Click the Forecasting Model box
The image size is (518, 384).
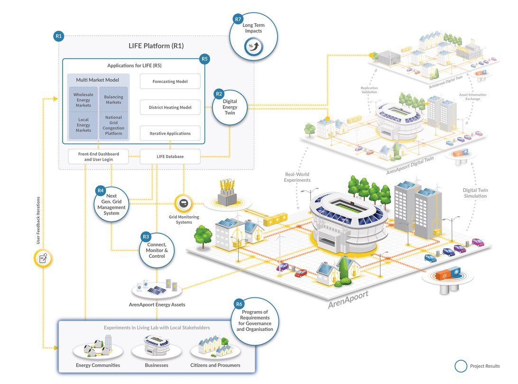click(x=170, y=81)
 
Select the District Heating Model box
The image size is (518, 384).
click(x=170, y=107)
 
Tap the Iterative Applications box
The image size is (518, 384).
click(x=170, y=133)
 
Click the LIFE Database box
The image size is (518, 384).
click(x=170, y=156)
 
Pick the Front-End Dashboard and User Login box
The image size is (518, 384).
click(x=99, y=156)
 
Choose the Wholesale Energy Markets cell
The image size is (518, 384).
click(x=83, y=100)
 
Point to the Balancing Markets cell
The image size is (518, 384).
click(x=113, y=100)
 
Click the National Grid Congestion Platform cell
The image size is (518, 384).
click(x=113, y=125)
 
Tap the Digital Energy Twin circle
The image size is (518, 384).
click(x=230, y=107)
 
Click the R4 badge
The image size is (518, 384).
click(x=100, y=191)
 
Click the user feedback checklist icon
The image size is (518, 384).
click(x=43, y=258)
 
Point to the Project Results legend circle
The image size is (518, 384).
click(x=461, y=366)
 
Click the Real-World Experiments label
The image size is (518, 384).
click(x=297, y=177)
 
